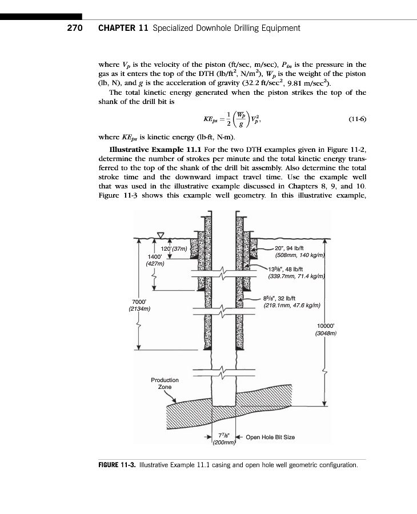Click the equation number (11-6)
click(x=356, y=119)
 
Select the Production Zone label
click(x=165, y=383)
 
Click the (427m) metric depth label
click(x=155, y=264)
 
